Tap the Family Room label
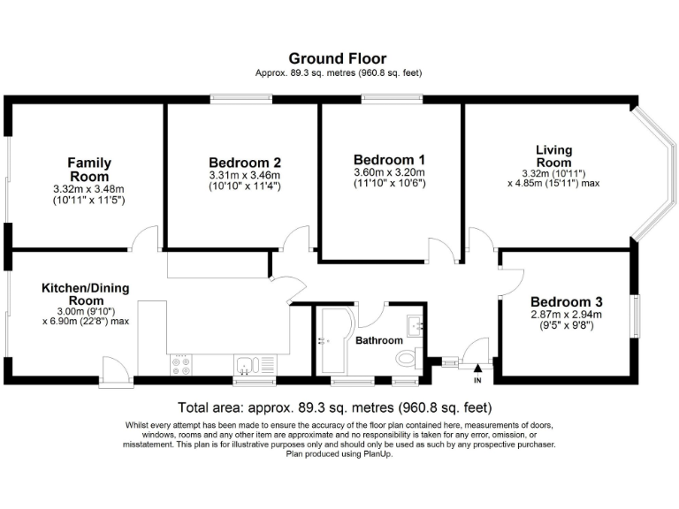(x=89, y=170)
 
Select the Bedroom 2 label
(x=245, y=163)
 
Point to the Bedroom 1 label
(x=389, y=159)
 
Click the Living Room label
(x=553, y=156)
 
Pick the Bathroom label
(x=379, y=340)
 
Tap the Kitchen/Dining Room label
(x=86, y=294)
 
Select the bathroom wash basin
(x=416, y=324)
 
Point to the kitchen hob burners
(x=180, y=364)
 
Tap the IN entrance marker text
(x=478, y=381)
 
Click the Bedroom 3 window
(x=635, y=316)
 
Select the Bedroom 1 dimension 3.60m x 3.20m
(x=389, y=172)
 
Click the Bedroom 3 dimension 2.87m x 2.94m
(x=566, y=314)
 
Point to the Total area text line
(x=334, y=408)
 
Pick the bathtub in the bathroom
(x=335, y=338)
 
